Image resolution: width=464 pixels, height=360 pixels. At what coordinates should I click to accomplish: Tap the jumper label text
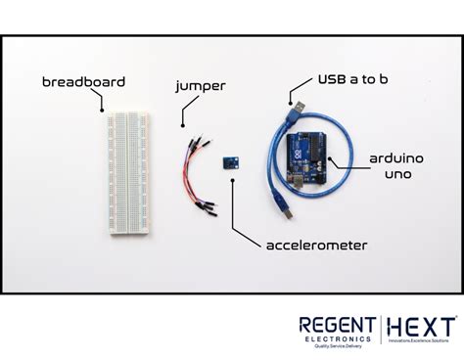point(200,85)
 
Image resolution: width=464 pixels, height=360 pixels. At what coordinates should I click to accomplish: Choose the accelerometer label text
point(316,244)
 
